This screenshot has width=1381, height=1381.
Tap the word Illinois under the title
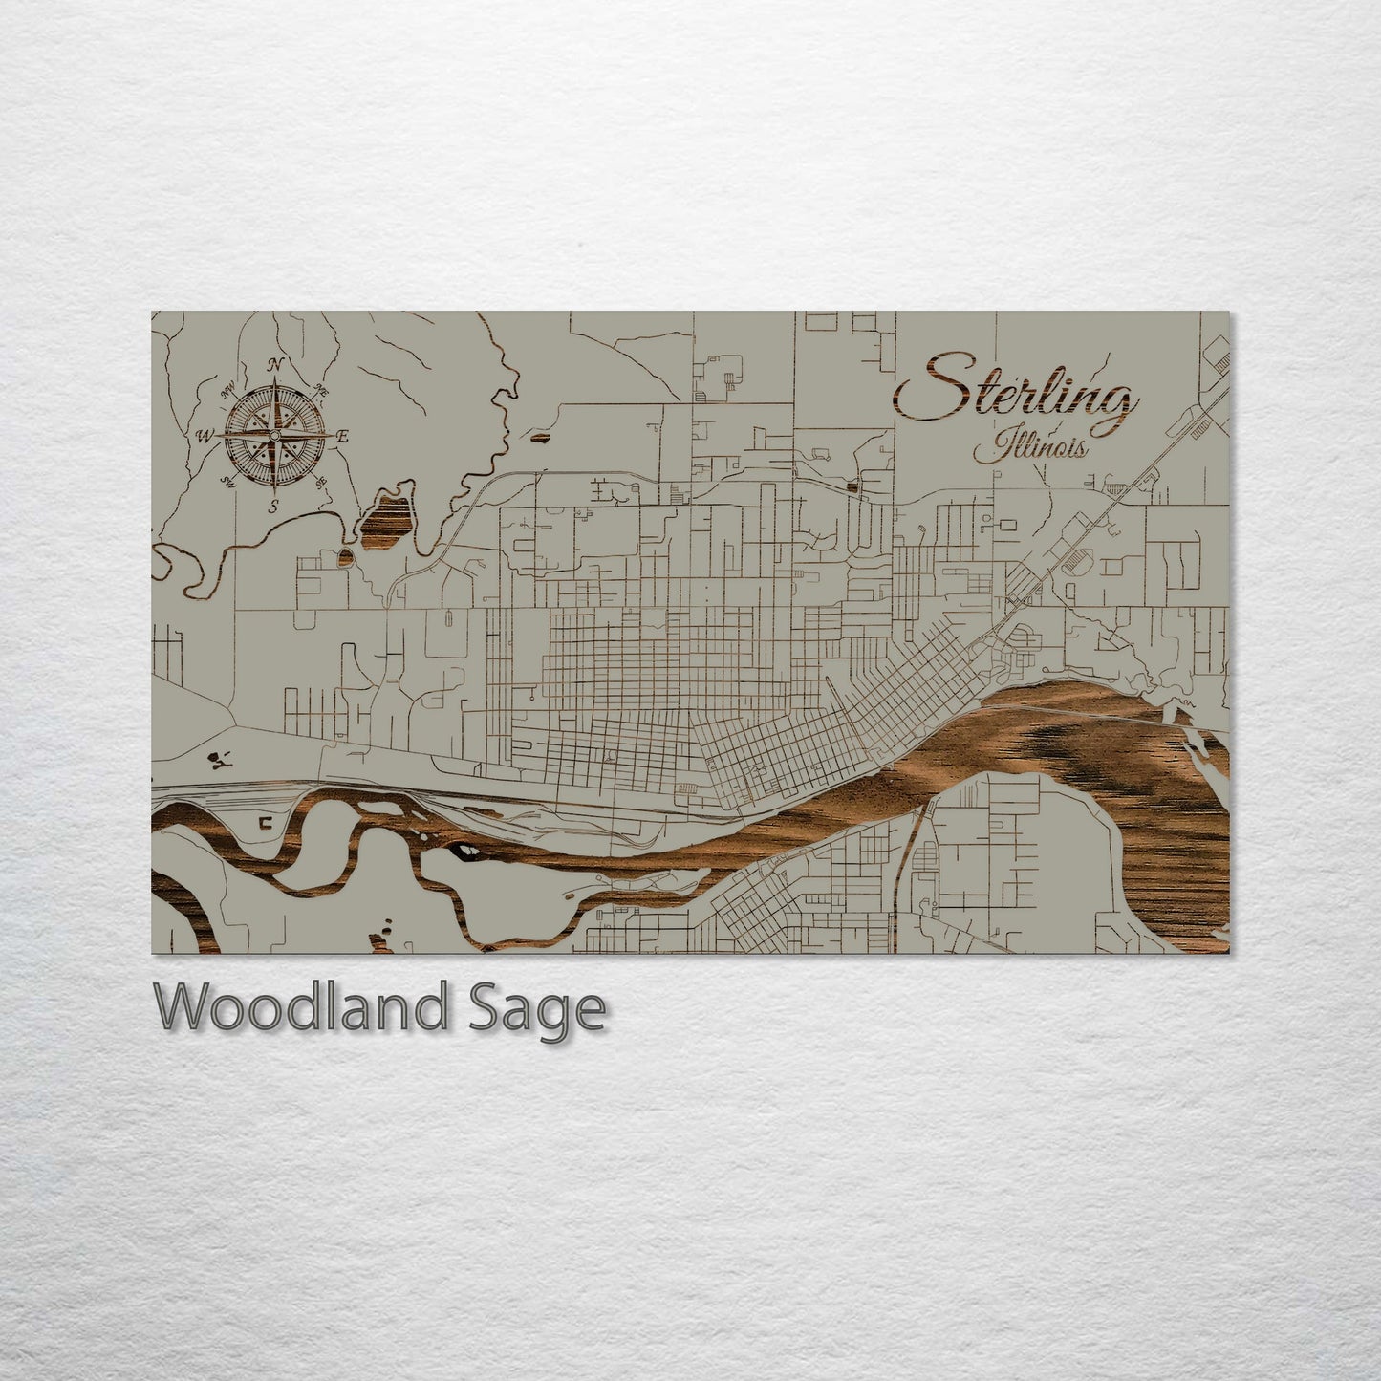pyautogui.click(x=1030, y=446)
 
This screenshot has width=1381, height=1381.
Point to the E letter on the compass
pyautogui.click(x=344, y=437)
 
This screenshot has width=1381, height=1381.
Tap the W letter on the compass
pyautogui.click(x=204, y=437)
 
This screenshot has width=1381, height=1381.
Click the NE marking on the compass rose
pyautogui.click(x=321, y=390)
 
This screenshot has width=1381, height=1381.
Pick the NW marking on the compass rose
pyautogui.click(x=228, y=390)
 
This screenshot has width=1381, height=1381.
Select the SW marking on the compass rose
pyautogui.click(x=229, y=481)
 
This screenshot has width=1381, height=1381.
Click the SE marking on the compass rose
pyautogui.click(x=321, y=481)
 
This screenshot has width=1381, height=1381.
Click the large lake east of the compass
pyautogui.click(x=387, y=516)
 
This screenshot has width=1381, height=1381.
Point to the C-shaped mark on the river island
pyautogui.click(x=265, y=820)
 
